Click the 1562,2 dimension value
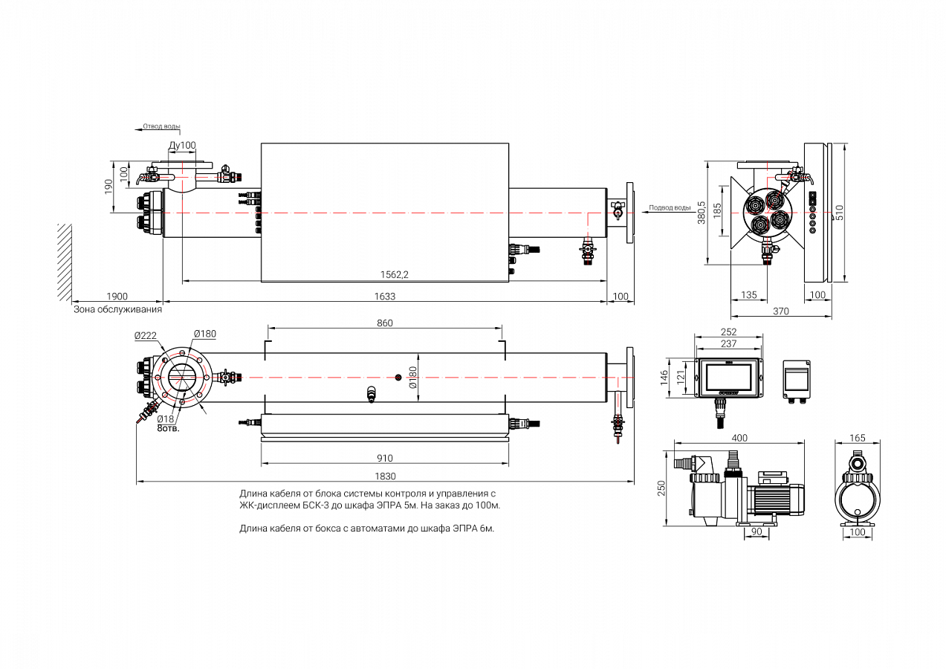tap(395, 274)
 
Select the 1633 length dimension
tap(384, 296)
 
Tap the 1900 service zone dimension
tap(117, 296)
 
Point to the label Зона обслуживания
tap(117, 309)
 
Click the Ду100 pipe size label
tap(182, 145)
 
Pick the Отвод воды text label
tap(161, 126)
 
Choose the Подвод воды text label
tap(670, 207)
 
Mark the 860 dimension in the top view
tap(384, 323)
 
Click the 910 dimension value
tap(384, 458)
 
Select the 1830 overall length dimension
tap(384, 476)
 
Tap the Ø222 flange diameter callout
tap(145, 336)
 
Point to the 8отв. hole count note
tap(168, 429)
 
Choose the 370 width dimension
tap(780, 311)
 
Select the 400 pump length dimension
tap(739, 438)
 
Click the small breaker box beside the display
tap(797, 380)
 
